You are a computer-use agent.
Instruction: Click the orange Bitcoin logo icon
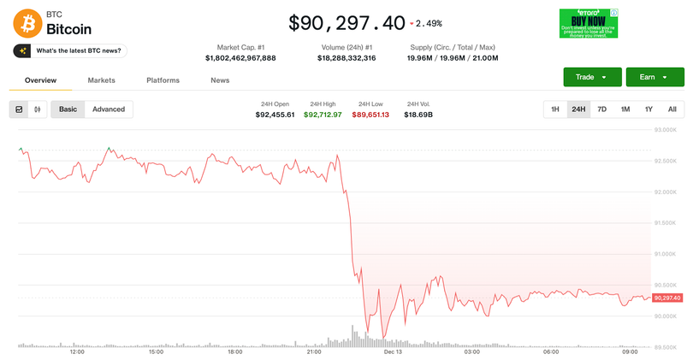pos(27,22)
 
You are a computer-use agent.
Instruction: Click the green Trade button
pos(592,77)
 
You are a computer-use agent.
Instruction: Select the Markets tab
pos(101,80)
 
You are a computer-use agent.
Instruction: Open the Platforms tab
pos(163,80)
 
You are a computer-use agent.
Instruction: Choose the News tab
pos(220,80)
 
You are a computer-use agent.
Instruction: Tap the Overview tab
pos(40,80)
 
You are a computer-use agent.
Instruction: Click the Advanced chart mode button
pos(109,109)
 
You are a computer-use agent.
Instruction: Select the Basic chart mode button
pos(68,109)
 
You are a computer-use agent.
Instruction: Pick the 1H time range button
pos(555,109)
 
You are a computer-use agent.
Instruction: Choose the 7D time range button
pos(601,109)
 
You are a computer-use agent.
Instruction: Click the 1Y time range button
pos(649,109)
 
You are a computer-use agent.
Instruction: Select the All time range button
pos(672,109)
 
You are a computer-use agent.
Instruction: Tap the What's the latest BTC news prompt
pos(70,51)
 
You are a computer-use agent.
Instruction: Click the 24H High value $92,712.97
pos(323,115)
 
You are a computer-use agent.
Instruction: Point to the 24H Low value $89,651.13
pos(370,115)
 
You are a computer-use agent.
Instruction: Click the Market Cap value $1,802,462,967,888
pos(240,58)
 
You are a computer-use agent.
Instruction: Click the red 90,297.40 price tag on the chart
pos(666,298)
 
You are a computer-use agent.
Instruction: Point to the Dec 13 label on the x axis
pos(393,351)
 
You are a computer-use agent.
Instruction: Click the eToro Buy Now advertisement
pos(589,24)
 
